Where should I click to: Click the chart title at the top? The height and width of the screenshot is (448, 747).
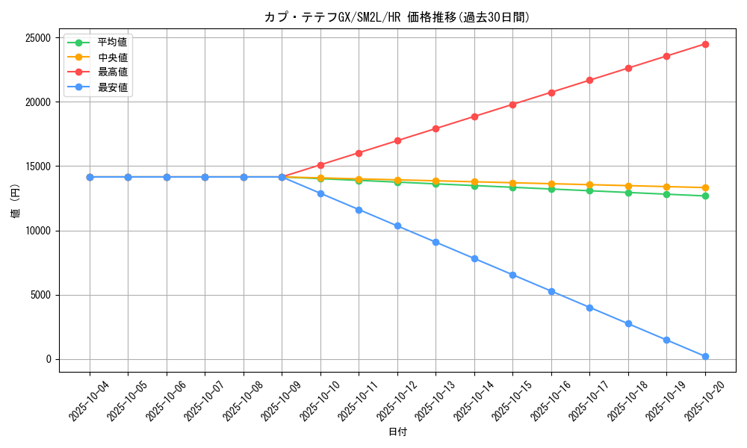click(x=397, y=17)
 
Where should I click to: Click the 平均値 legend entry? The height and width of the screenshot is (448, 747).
click(x=112, y=43)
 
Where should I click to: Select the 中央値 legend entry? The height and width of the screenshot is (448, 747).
click(x=112, y=57)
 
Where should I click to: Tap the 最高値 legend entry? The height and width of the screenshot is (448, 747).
click(x=112, y=72)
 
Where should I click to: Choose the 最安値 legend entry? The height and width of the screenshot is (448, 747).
click(x=112, y=87)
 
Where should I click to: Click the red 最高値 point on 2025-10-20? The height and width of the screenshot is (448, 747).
click(x=705, y=44)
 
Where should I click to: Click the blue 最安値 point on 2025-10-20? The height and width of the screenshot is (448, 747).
click(x=705, y=356)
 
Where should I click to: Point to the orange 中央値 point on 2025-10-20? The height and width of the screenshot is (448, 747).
click(x=705, y=187)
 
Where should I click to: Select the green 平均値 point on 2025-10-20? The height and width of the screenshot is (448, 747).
click(x=705, y=196)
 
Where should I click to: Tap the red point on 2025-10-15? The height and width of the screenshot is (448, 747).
click(x=512, y=105)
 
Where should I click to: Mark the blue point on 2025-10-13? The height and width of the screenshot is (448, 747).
click(x=436, y=242)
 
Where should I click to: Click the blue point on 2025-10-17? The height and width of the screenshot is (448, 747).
click(x=589, y=308)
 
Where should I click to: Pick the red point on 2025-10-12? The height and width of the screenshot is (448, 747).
click(x=397, y=140)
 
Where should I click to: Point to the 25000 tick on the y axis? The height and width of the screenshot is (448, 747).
click(x=37, y=38)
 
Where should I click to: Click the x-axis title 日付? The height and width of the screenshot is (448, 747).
click(x=397, y=432)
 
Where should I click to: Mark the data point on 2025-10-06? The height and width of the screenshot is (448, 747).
click(x=167, y=177)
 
